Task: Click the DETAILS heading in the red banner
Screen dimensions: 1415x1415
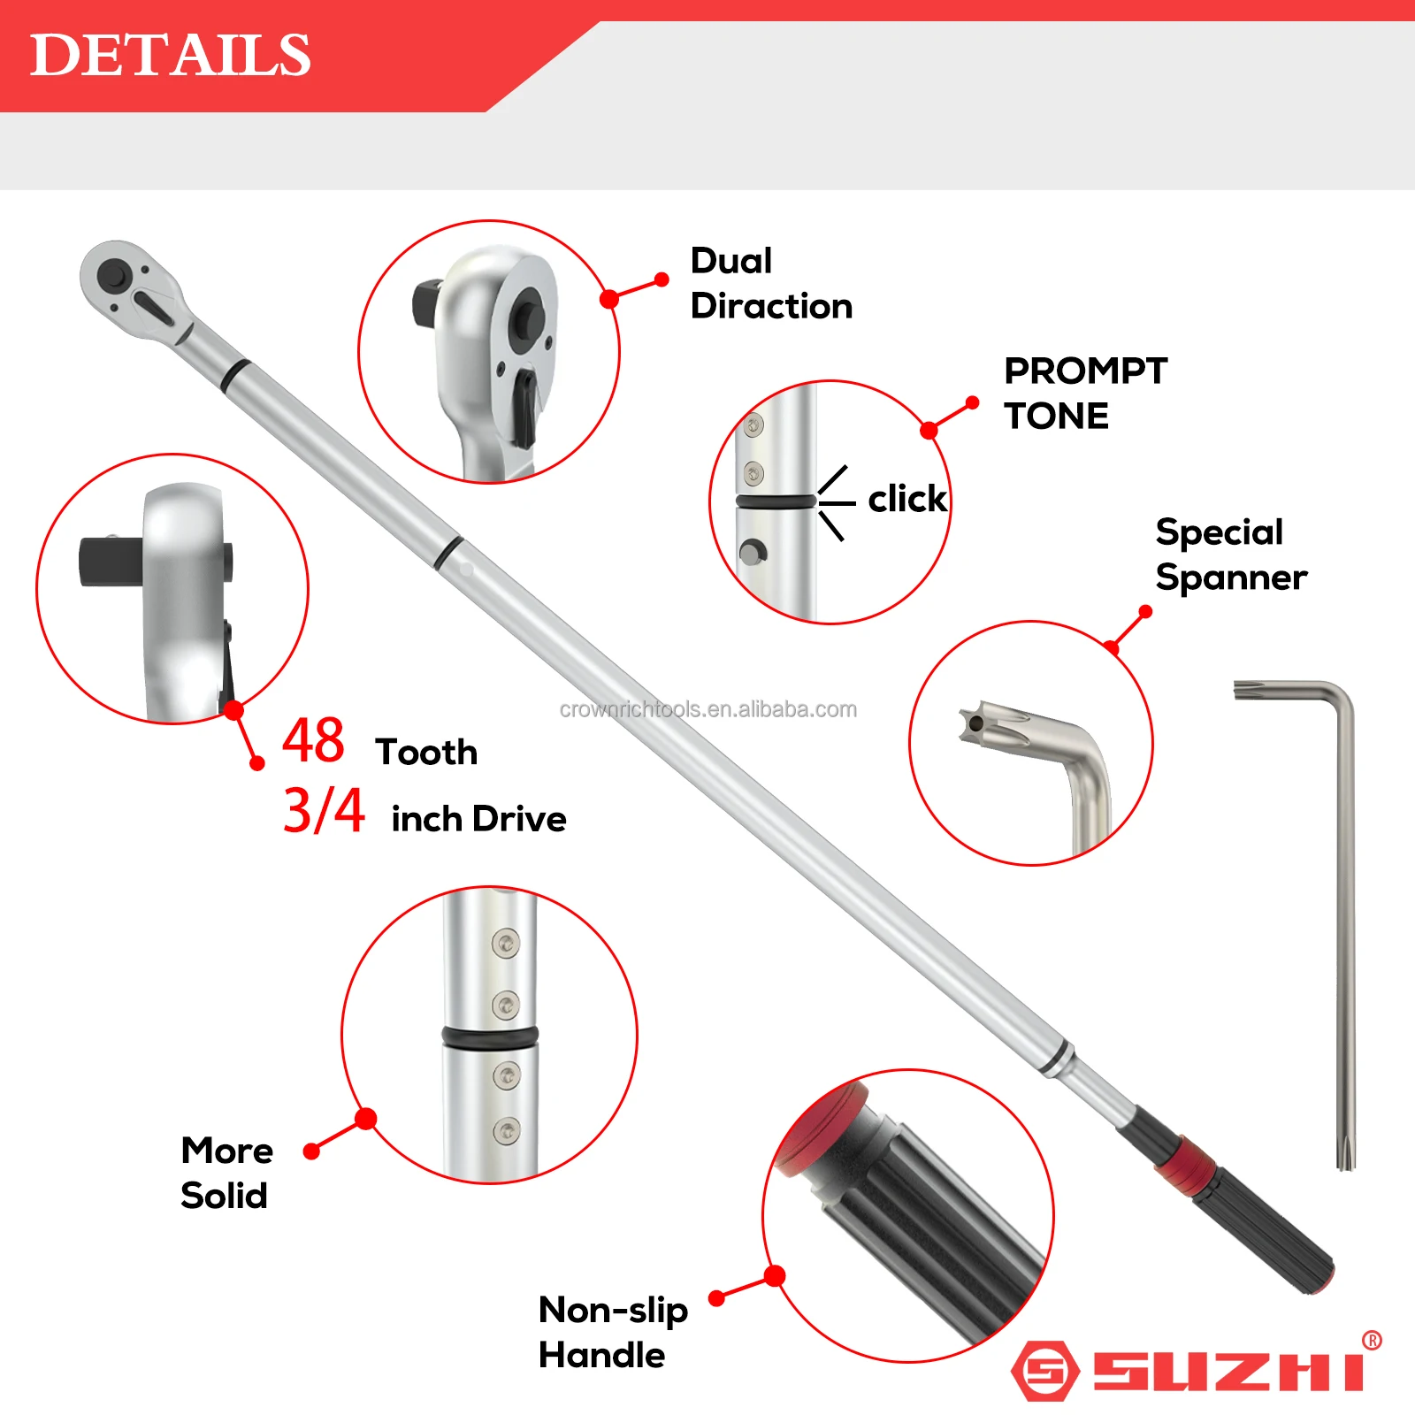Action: (170, 55)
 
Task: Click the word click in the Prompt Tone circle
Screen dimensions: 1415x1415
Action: (906, 500)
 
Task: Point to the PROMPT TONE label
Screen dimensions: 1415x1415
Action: (1085, 394)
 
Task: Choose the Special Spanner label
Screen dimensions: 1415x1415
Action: (1230, 555)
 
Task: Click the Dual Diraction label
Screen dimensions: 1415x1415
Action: (770, 283)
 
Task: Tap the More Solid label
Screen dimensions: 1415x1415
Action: (226, 1173)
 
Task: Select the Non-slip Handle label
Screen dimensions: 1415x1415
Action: (613, 1332)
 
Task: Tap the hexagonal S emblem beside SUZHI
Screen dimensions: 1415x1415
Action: (1044, 1372)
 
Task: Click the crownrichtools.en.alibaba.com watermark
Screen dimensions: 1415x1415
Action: (707, 709)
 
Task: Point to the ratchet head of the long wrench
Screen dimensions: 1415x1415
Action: (133, 286)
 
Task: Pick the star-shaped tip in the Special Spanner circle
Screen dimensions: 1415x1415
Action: (978, 723)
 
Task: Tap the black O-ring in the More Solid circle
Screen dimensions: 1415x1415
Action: (489, 1036)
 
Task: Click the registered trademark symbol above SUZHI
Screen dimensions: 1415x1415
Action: (1372, 1341)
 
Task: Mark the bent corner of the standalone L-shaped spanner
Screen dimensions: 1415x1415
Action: (1338, 698)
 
